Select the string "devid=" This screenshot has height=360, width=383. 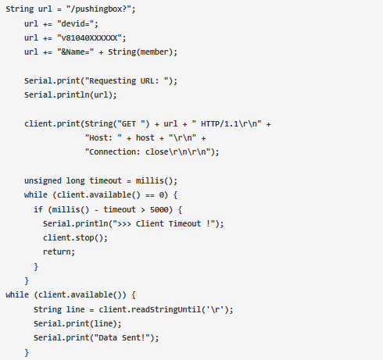76,24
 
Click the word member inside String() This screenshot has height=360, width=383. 154,52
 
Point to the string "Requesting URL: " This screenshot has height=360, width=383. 129,81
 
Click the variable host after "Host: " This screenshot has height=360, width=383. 145,137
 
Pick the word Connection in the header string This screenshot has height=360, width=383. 113,151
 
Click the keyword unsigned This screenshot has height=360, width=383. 43,180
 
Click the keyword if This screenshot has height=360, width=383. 38,209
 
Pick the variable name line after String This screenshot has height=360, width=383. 75,309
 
